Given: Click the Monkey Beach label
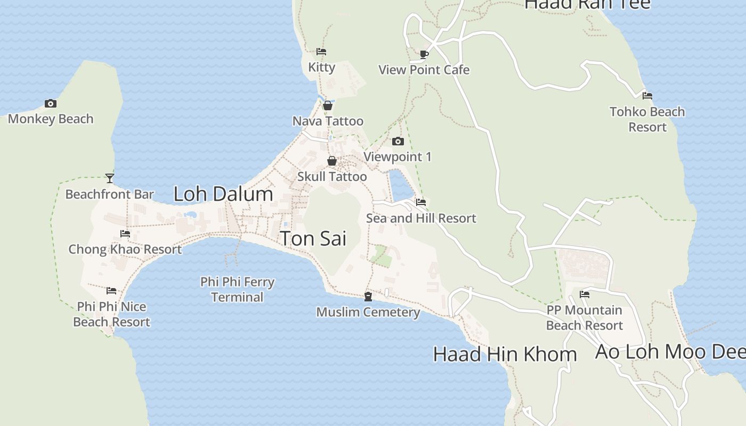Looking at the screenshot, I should (51, 119).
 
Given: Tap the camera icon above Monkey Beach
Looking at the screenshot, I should (51, 103).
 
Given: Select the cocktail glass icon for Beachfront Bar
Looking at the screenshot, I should (110, 178).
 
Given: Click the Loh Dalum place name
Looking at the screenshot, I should (223, 194).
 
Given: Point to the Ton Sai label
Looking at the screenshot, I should (313, 239).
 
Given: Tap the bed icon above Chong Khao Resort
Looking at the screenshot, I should (125, 233).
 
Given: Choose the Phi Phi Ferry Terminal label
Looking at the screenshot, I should (237, 289).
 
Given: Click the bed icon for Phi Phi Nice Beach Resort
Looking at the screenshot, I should (111, 291).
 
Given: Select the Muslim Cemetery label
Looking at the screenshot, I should (368, 312).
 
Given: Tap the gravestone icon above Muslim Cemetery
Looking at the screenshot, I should (368, 297).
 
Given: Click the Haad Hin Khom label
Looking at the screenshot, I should (505, 354).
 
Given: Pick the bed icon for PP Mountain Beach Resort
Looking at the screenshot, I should (585, 294).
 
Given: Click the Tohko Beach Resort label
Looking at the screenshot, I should (647, 119).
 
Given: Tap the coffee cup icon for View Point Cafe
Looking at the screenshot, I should (424, 54).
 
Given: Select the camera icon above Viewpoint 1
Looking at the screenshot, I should (398, 141).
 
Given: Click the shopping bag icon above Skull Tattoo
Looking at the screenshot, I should (332, 161).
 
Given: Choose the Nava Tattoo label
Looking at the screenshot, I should (328, 121).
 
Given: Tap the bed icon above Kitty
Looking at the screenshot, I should (321, 52).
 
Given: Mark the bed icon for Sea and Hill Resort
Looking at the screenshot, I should (421, 202).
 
